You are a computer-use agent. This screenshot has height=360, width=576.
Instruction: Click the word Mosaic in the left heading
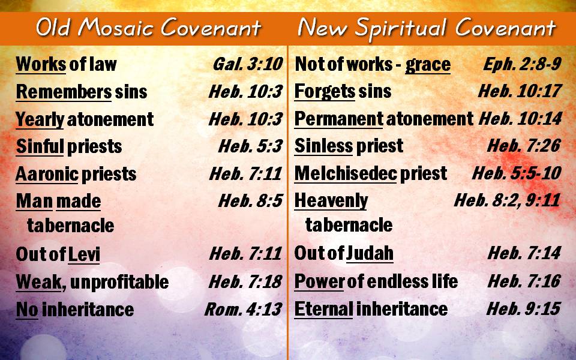pyautogui.click(x=117, y=28)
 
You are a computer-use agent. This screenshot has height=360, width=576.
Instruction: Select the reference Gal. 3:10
pyautogui.click(x=248, y=64)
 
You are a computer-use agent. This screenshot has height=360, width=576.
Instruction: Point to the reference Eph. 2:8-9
pyautogui.click(x=522, y=64)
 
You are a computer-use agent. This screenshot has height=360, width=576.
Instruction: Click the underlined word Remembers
pyautogui.click(x=64, y=92)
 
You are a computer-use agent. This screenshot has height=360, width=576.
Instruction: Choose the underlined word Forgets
pyautogui.click(x=325, y=92)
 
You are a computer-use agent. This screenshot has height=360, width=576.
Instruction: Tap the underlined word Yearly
pyautogui.click(x=40, y=119)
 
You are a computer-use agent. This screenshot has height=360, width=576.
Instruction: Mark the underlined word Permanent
pyautogui.click(x=338, y=119)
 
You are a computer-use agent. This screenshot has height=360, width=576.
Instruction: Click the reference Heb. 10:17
pyautogui.click(x=520, y=91)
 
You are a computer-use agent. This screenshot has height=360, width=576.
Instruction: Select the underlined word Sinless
pyautogui.click(x=323, y=146)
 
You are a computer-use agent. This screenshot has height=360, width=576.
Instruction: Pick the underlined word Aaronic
pyautogui.click(x=47, y=174)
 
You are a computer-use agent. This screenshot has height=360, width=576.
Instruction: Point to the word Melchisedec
pyautogui.click(x=346, y=173)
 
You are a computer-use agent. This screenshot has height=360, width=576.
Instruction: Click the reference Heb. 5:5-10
pyautogui.click(x=517, y=173)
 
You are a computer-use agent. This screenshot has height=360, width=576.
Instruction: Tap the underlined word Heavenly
pyautogui.click(x=331, y=201)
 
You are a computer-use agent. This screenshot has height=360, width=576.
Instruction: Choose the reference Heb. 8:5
pyautogui.click(x=251, y=201)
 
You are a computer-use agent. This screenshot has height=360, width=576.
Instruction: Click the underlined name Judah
pyautogui.click(x=370, y=253)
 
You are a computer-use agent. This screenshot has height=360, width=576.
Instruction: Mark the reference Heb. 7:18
pyautogui.click(x=245, y=282)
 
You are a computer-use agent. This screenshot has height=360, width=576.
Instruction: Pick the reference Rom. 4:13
pyautogui.click(x=243, y=310)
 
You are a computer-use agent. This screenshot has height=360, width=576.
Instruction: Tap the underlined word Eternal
pyautogui.click(x=323, y=309)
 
